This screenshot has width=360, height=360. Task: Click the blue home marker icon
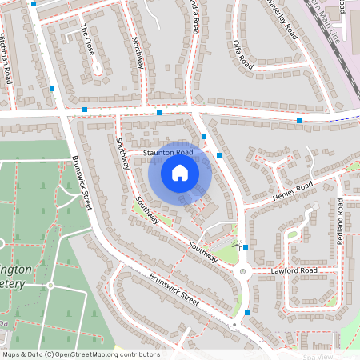click(x=180, y=172)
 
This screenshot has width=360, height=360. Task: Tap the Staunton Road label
click(x=168, y=152)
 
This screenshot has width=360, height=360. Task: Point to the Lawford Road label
click(x=294, y=271)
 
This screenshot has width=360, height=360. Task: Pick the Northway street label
click(x=138, y=53)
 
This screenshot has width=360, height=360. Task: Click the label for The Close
click(x=87, y=39)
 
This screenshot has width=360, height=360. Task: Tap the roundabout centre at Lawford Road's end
click(x=242, y=272)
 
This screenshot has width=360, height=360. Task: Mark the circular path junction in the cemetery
click(x=50, y=286)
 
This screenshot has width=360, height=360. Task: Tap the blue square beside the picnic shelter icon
click(x=246, y=248)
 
